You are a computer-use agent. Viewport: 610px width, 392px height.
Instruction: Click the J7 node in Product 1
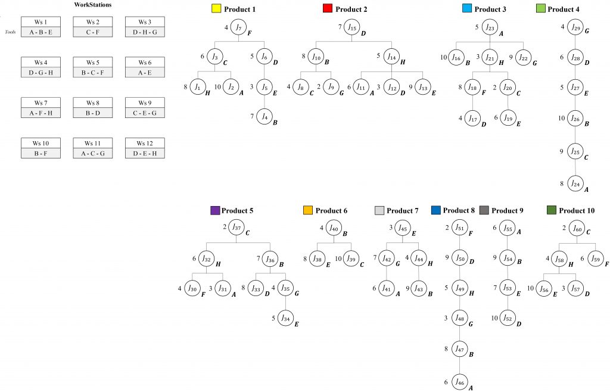pos(239,27)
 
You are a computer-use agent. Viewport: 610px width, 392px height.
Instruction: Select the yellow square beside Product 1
pos(216,9)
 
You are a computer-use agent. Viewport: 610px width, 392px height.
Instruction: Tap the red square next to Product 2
pos(326,9)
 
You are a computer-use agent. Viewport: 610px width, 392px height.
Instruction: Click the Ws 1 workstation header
pos(41,21)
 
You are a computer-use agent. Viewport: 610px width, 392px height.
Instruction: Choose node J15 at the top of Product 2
pos(353,27)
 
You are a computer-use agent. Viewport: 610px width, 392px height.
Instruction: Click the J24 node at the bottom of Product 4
pos(575,183)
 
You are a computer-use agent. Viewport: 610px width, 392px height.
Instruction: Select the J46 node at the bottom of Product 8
pos(459,381)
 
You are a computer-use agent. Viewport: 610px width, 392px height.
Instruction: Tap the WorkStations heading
pos(92,5)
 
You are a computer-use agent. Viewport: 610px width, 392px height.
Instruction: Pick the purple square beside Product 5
pos(215,210)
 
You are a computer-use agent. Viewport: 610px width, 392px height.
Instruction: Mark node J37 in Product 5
pos(237,228)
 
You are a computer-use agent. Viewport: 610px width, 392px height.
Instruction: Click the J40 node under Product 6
pos(334,228)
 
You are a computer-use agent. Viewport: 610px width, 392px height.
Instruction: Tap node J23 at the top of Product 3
pos(490,27)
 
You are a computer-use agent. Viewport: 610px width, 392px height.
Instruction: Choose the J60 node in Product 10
pos(577,228)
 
